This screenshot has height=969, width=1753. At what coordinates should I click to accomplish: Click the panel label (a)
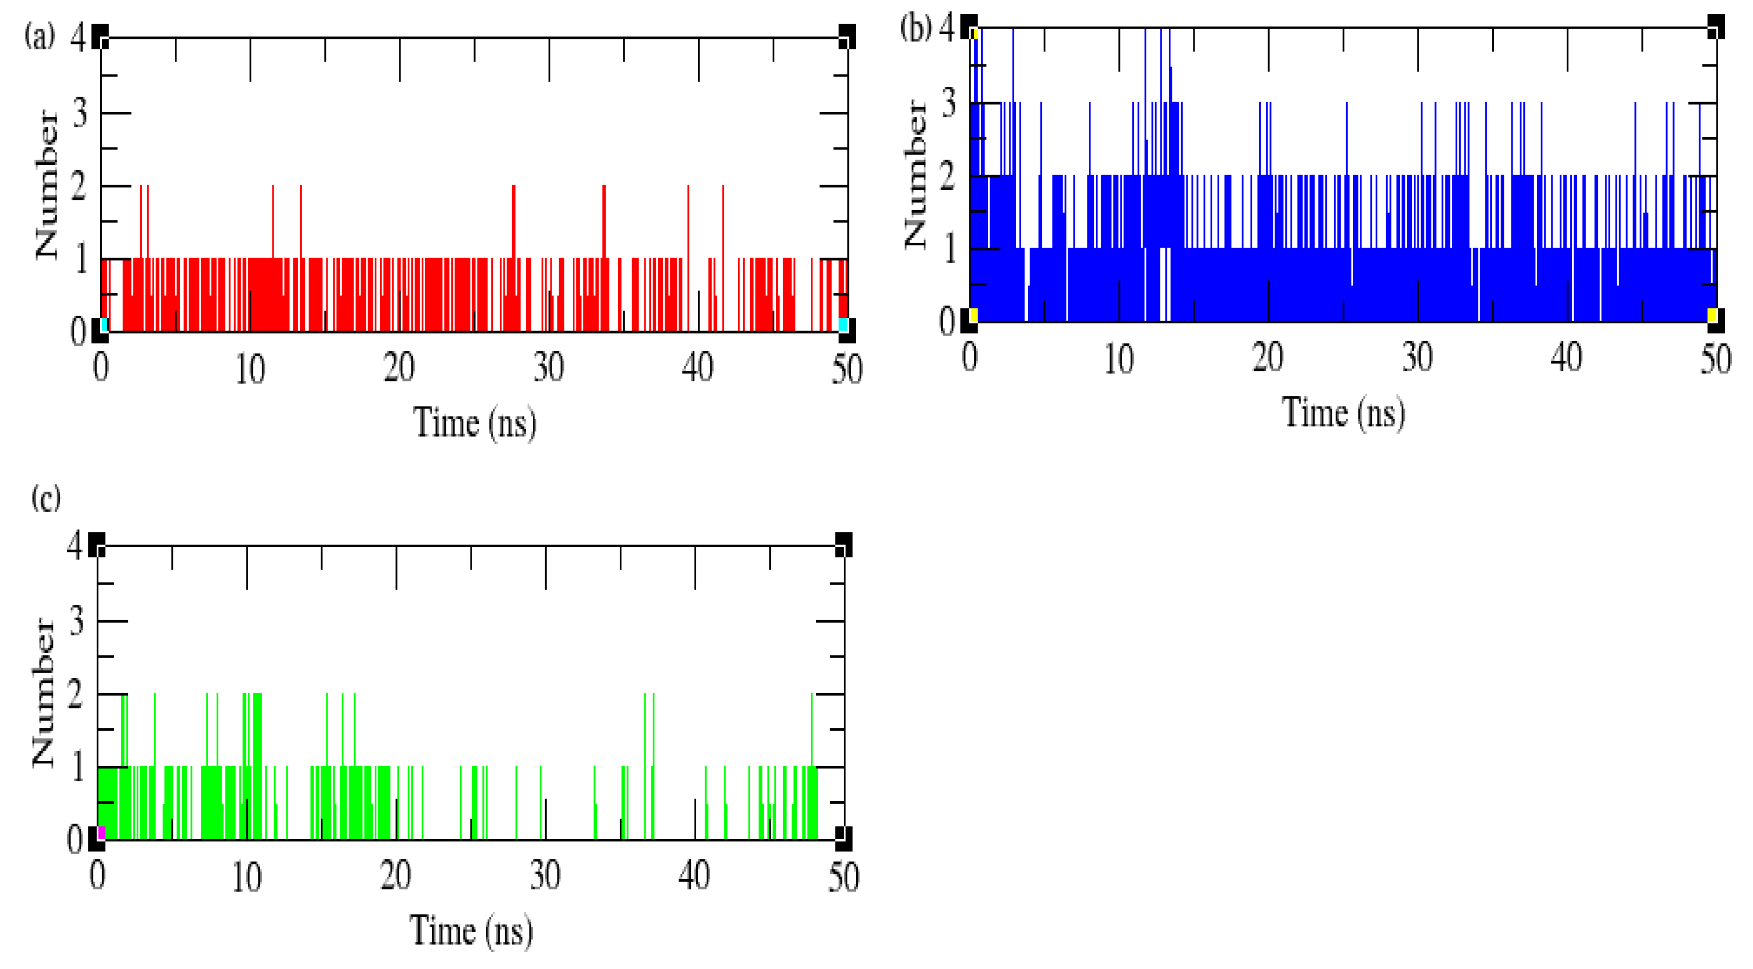[x=39, y=36]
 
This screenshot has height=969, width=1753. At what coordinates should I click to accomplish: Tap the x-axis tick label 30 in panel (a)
[x=549, y=368]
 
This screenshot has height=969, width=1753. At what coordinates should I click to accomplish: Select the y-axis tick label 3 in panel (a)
[x=80, y=113]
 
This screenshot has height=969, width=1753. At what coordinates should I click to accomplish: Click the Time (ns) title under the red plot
[x=475, y=423]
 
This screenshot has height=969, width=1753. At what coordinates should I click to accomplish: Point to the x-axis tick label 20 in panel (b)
[x=1268, y=358]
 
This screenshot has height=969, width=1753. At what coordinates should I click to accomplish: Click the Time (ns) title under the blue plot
[x=1343, y=413]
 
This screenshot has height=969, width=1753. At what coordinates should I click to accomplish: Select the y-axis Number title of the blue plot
[x=916, y=175]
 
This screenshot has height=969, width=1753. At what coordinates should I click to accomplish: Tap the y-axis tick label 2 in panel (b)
[x=948, y=177]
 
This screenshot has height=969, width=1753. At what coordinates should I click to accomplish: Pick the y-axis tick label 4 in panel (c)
[x=75, y=545]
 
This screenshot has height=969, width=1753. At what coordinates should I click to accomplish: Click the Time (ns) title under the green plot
[x=471, y=931]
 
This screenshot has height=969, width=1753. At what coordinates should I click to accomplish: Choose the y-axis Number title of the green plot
[x=43, y=692]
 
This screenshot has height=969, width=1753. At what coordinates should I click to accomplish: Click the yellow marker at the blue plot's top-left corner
[x=975, y=34]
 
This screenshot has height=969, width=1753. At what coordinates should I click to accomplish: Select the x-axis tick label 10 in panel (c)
[x=246, y=877]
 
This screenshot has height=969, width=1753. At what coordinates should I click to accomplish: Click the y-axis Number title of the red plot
[x=47, y=185]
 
